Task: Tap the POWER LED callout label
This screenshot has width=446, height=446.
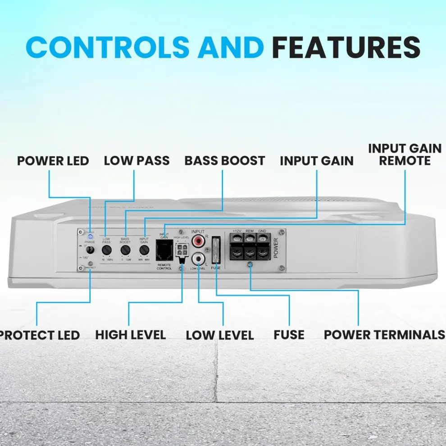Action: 53,161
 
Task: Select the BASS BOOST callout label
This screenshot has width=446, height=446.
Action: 225,161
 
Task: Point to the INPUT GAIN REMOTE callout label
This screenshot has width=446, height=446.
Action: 405,155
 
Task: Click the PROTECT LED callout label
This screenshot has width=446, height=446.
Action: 40,335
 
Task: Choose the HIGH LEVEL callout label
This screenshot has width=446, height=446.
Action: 131,335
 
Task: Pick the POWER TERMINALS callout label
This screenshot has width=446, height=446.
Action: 384,335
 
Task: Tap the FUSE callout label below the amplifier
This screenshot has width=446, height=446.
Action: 289,335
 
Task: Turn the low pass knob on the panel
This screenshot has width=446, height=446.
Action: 107,250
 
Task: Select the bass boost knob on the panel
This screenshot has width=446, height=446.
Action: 125,250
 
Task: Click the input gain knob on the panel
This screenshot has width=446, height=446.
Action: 144,250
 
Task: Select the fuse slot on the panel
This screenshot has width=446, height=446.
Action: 215,250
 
